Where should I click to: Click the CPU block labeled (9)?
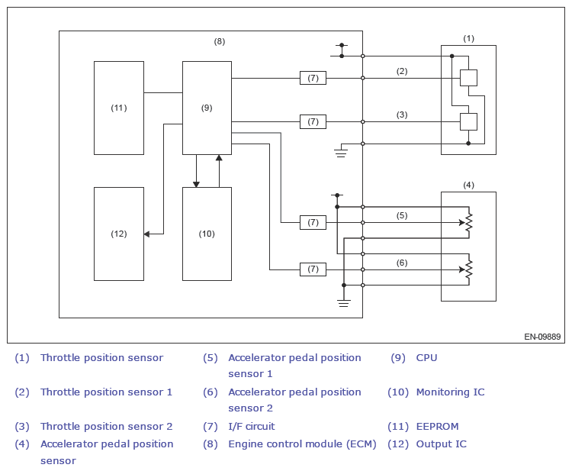[207, 108]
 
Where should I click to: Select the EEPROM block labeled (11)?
[118, 108]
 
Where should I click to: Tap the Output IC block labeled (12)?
[118, 234]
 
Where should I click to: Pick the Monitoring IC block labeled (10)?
[207, 234]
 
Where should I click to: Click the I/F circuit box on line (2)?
[313, 78]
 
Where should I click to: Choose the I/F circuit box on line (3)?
[313, 121]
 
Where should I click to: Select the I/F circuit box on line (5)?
[313, 222]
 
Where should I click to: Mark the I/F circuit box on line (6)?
[313, 269]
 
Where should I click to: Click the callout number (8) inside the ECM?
[219, 41]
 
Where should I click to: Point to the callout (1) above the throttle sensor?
[468, 38]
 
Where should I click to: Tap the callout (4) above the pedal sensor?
[468, 185]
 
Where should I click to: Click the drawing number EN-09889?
[542, 336]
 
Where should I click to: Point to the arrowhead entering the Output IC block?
[147, 234]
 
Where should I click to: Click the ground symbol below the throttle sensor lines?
[341, 153]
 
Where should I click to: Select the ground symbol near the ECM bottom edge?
[344, 303]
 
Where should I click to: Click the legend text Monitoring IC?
[450, 392]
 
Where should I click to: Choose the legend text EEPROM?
[437, 427]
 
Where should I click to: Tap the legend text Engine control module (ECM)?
[302, 444]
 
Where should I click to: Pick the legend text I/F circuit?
[251, 427]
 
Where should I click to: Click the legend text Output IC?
[441, 444]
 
